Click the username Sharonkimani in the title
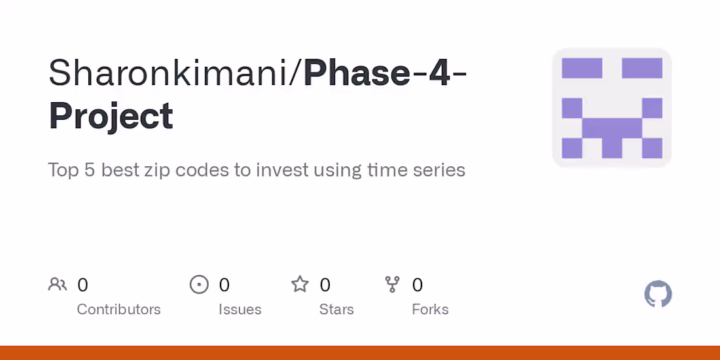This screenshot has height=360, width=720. click(168, 73)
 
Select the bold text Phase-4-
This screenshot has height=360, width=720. click(385, 73)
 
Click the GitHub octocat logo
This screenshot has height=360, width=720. click(658, 294)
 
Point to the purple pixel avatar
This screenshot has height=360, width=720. click(612, 107)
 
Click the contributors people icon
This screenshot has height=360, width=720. click(58, 285)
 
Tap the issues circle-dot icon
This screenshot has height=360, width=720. click(199, 285)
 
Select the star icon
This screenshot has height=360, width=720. click(300, 284)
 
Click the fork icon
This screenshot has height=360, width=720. click(392, 285)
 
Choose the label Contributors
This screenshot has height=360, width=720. click(119, 310)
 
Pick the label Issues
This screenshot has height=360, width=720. click(240, 310)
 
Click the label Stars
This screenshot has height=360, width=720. click(336, 310)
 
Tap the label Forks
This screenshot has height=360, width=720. click(430, 310)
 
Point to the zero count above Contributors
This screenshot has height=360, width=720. click(82, 285)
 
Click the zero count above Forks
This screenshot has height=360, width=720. click(418, 285)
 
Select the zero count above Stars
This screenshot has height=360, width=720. click(325, 285)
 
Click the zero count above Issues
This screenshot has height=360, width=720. click(224, 285)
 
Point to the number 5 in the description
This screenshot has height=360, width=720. click(89, 170)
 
